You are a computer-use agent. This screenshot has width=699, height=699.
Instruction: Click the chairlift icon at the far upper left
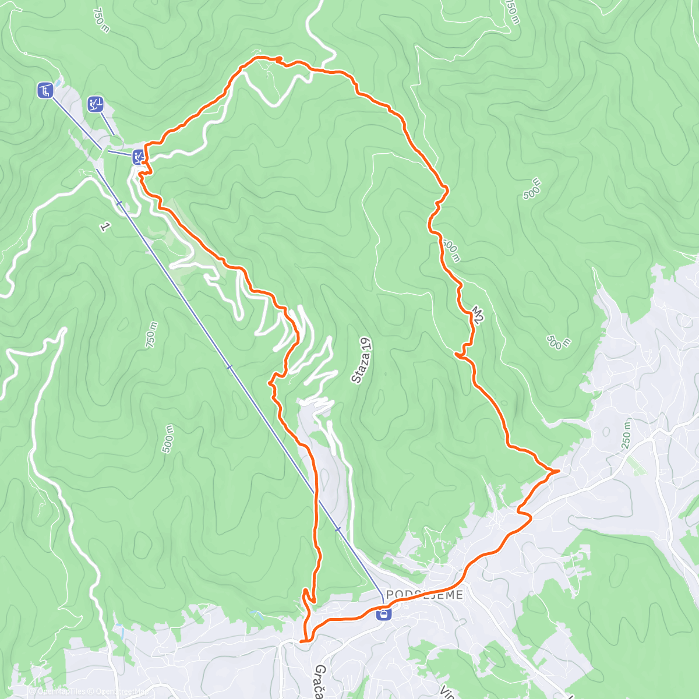pos(45,90)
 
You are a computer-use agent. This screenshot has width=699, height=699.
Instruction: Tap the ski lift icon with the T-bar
pos(96,104)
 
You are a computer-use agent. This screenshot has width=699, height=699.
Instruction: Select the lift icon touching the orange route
pos(138,156)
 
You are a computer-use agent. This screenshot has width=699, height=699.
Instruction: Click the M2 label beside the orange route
pos(478,315)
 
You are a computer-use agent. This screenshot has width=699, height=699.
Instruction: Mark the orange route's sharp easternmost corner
pos(559,470)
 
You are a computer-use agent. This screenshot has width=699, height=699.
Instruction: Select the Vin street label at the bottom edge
pos(447,693)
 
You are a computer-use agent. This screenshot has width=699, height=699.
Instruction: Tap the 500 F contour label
pos(532,190)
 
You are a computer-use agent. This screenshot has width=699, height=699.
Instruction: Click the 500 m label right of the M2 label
pos(559,343)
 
